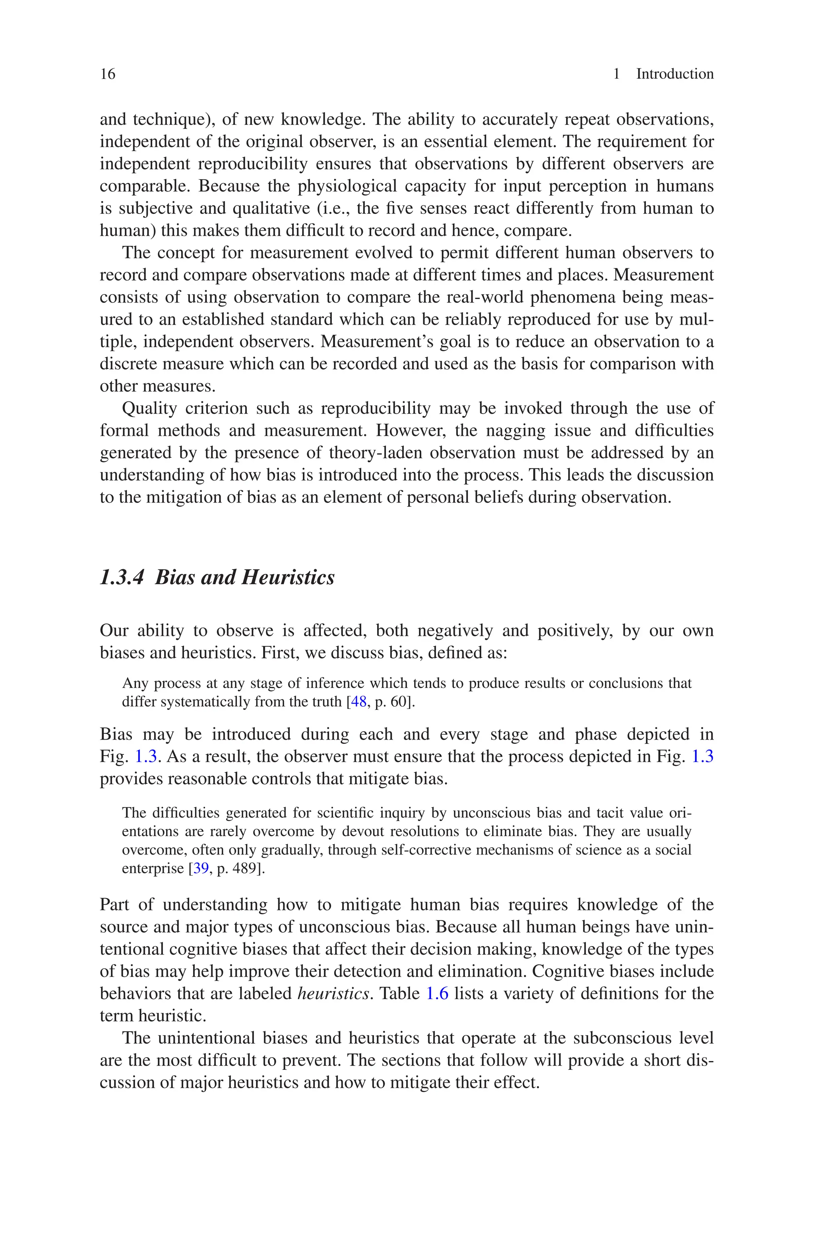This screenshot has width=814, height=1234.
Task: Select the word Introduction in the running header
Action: click(674, 74)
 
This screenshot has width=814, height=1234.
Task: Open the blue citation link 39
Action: click(201, 869)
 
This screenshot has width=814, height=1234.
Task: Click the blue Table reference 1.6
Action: click(437, 994)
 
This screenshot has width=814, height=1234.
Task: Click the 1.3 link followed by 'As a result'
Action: click(146, 757)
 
